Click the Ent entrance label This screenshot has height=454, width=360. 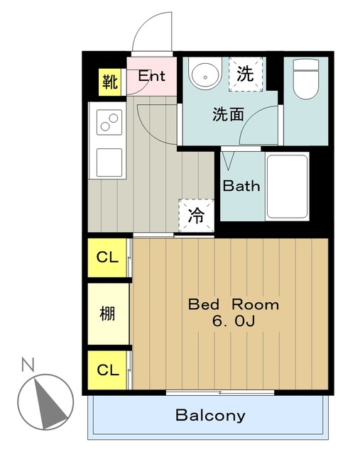point(151,75)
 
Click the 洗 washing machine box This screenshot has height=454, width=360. point(246,73)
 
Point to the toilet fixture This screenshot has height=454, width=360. point(306,78)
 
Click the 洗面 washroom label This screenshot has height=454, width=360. point(228,114)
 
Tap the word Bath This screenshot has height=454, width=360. point(241,187)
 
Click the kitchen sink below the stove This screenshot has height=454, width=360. point(109,162)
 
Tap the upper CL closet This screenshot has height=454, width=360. point(108,258)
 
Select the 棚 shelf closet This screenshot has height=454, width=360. point(108,312)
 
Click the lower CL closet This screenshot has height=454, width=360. point(108,370)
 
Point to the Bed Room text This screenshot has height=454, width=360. point(233,305)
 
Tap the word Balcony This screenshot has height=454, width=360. point(210,416)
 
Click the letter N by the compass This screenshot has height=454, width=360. point(28,366)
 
